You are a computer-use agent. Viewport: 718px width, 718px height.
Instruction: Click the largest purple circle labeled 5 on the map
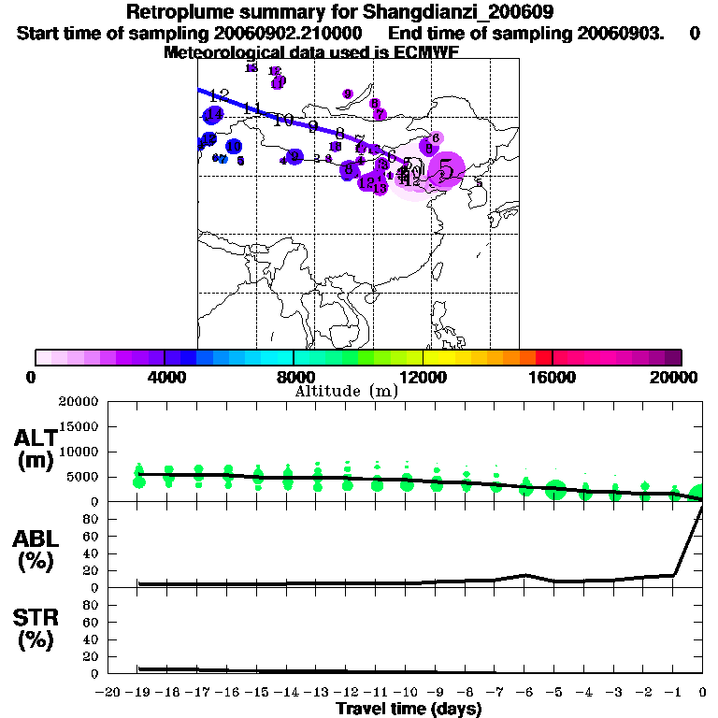click(447, 170)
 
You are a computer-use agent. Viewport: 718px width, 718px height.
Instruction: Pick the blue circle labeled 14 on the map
click(213, 115)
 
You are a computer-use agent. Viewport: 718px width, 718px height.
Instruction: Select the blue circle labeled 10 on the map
click(234, 147)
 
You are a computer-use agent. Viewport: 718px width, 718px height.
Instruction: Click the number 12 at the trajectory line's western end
click(220, 95)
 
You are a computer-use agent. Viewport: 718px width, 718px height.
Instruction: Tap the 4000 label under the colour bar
click(164, 377)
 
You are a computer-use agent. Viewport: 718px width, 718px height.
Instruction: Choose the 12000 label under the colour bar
click(424, 377)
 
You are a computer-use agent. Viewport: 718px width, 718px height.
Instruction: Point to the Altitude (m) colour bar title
click(346, 391)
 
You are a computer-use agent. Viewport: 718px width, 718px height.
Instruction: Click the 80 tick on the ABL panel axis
click(92, 520)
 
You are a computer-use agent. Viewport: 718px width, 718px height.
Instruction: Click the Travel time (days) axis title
click(409, 709)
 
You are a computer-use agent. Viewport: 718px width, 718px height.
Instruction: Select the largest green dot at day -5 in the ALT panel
click(555, 490)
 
